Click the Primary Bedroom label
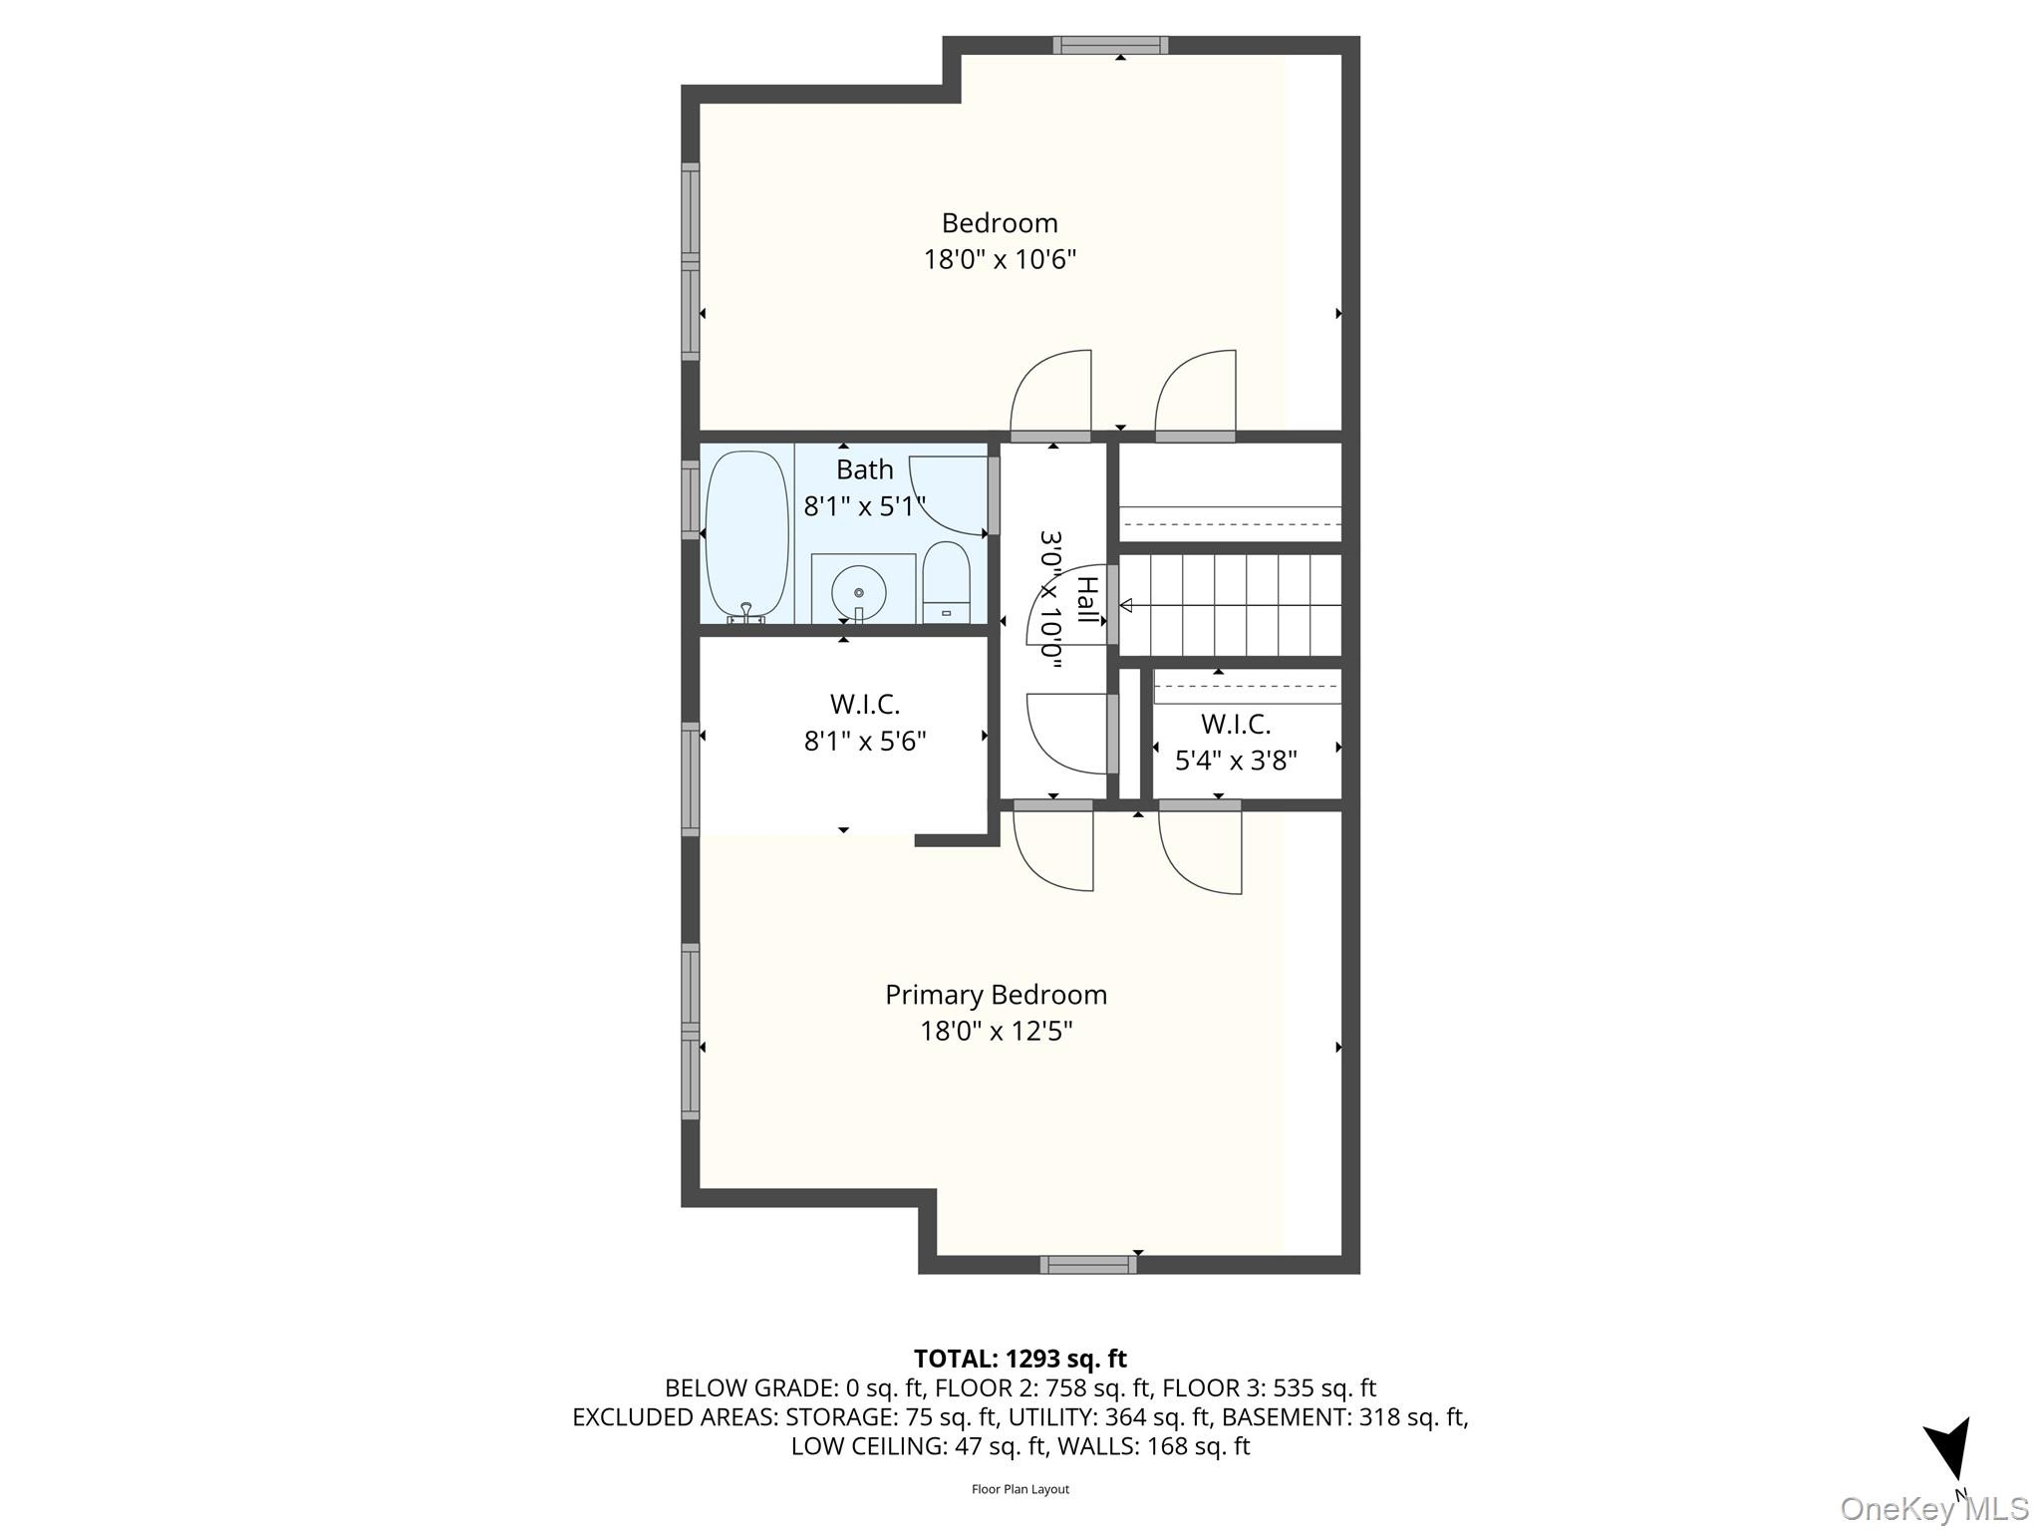click(x=996, y=995)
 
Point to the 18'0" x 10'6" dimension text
click(x=1000, y=260)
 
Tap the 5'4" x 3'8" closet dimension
click(x=1236, y=762)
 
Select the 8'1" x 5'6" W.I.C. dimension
click(x=865, y=742)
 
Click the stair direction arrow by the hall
click(x=1127, y=605)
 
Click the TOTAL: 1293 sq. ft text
click(x=1020, y=1359)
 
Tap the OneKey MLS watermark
click(x=1933, y=1508)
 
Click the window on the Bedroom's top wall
click(x=1110, y=45)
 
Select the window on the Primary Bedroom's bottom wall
click(x=1088, y=1265)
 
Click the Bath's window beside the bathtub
click(x=690, y=499)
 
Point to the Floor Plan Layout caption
click(x=1020, y=1489)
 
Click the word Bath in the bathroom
click(x=864, y=469)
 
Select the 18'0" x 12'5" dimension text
click(x=996, y=1031)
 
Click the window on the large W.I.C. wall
click(x=690, y=778)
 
